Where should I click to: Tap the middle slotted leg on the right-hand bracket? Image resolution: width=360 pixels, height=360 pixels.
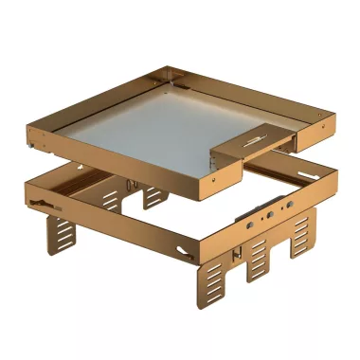click(260, 255)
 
